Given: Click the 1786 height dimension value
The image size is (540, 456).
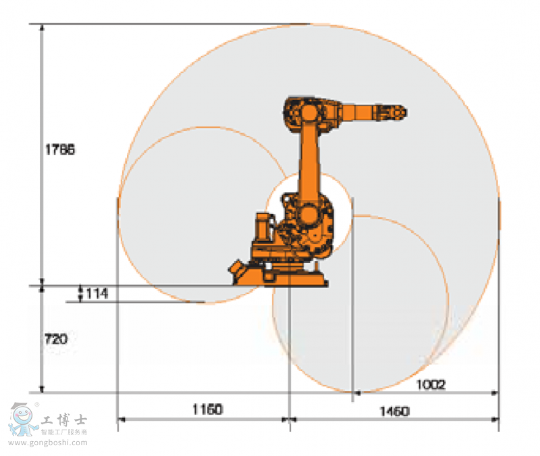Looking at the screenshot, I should coord(59,150).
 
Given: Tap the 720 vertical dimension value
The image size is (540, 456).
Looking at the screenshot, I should coord(55,339).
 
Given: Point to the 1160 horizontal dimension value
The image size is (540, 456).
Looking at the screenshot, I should coord(207,409).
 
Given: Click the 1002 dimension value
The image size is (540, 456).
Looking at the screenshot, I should coord(430,384).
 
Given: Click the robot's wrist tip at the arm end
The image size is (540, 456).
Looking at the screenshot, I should coord(400,111).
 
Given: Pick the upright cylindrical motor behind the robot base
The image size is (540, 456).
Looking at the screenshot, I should coord(262,230).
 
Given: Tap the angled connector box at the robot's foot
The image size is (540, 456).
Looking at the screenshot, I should coord(240,271).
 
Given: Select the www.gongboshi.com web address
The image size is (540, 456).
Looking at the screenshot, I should coord(48,443).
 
